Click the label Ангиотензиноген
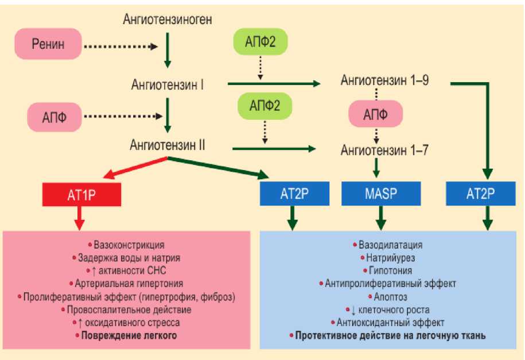click(168, 20)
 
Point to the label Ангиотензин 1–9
click(385, 81)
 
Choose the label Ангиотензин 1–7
click(385, 151)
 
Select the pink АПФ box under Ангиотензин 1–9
click(376, 115)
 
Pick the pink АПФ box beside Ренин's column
click(55, 117)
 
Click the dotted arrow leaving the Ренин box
click(120, 46)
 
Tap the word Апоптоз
click(390, 296)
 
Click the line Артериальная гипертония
click(130, 283)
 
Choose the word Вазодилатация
click(390, 245)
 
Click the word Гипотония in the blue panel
click(390, 270)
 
